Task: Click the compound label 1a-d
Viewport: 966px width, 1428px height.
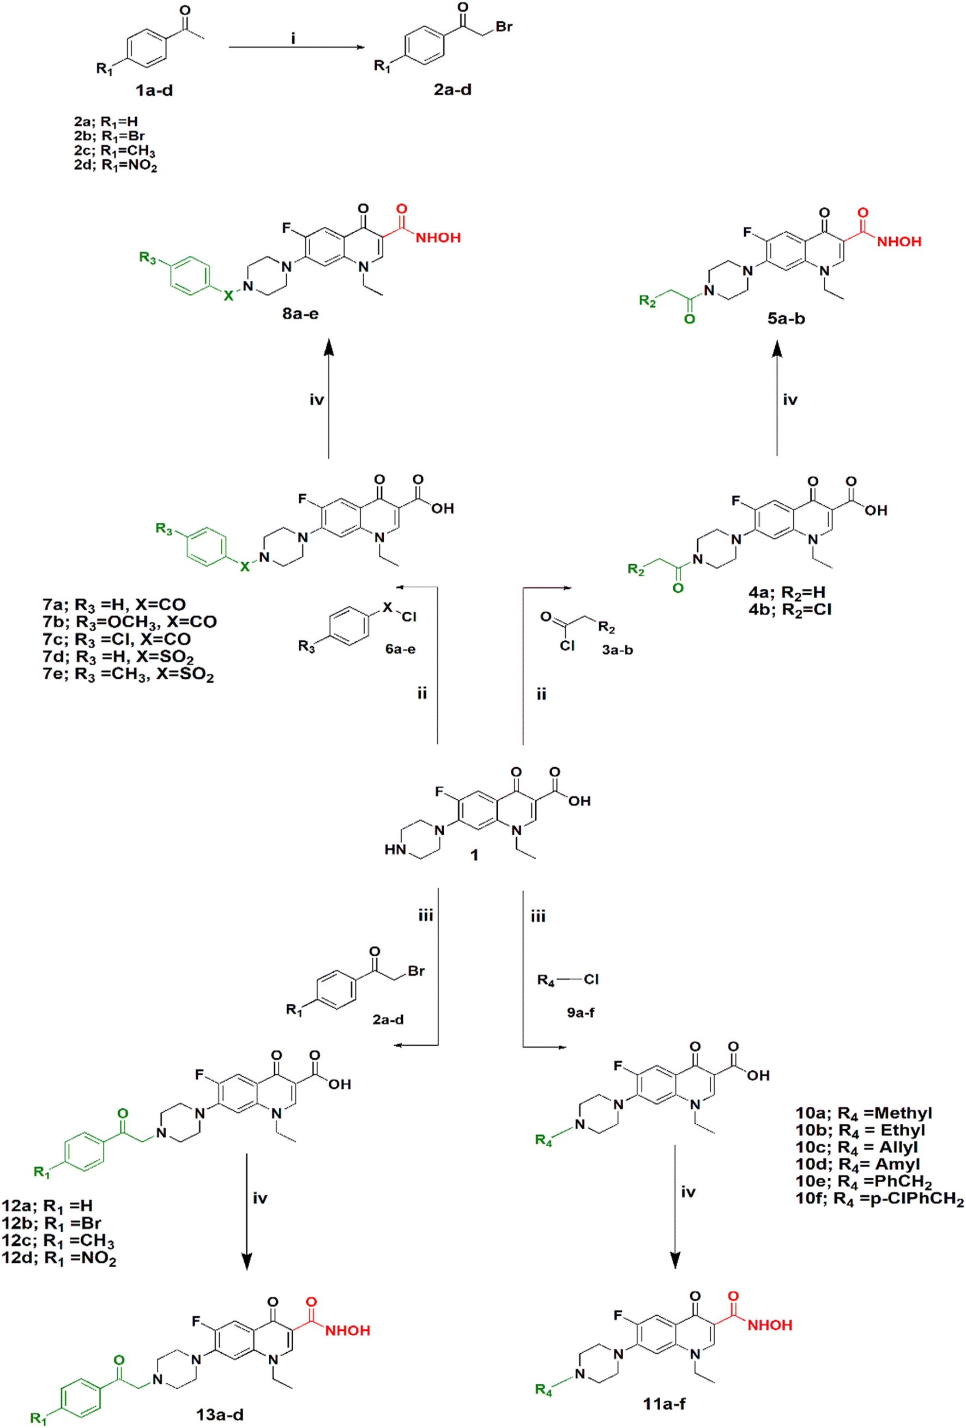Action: point(154,91)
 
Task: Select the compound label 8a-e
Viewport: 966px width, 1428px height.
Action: point(300,314)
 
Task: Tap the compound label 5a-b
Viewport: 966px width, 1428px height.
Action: point(786,318)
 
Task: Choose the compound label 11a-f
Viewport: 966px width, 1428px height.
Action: point(665,1403)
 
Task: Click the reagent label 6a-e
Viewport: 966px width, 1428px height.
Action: point(400,648)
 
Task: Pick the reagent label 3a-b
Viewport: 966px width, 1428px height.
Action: point(617,649)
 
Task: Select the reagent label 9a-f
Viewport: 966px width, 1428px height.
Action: point(580,1011)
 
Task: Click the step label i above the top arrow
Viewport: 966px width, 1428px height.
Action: point(293,39)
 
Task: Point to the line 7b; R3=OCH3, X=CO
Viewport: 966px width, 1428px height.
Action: point(130,622)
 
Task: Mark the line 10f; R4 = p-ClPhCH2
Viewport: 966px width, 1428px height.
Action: point(879,1199)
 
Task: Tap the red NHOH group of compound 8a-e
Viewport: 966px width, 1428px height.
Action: point(438,238)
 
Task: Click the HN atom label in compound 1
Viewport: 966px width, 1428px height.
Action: point(395,850)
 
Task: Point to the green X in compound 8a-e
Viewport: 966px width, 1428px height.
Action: point(228,296)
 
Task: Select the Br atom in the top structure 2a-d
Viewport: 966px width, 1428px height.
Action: point(504,26)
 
